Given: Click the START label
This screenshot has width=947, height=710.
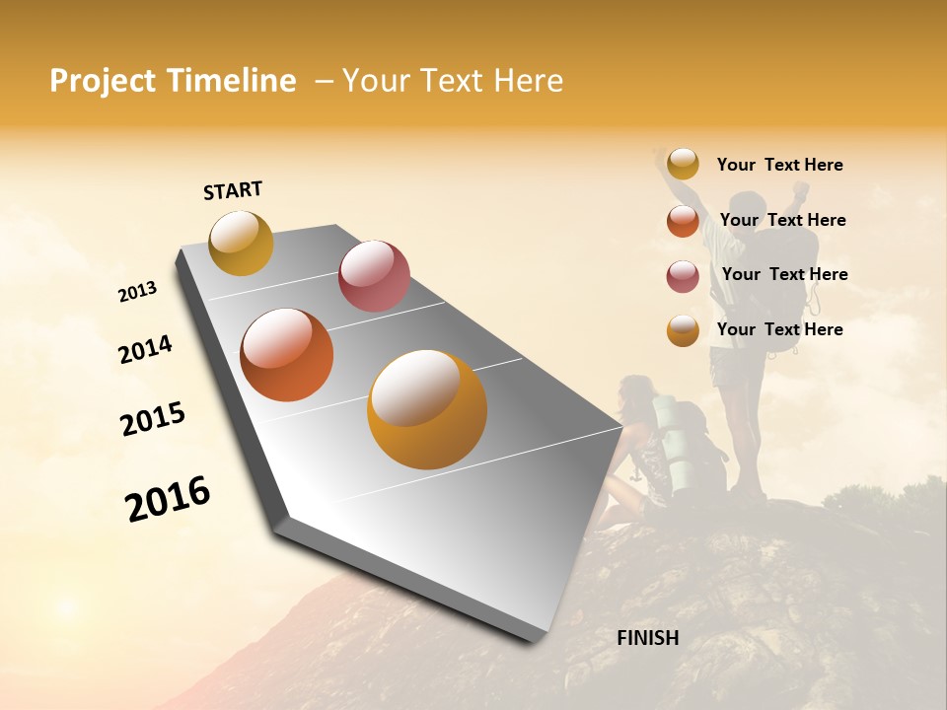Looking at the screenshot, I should pos(233,190).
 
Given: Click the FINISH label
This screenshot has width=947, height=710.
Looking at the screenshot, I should pos(647,638).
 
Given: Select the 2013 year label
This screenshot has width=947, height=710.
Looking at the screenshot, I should pos(137,292).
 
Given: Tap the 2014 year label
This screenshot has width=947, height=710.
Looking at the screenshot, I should pos(145,349).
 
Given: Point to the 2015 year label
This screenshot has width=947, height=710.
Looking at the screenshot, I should pos(153,418).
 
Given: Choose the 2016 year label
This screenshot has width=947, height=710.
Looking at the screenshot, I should pos(168,498).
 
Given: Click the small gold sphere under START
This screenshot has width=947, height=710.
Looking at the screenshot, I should pos(241,243).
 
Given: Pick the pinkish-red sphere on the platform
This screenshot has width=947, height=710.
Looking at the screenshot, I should pos(374,276).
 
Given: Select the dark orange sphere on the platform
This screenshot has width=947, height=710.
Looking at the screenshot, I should pos(287,355).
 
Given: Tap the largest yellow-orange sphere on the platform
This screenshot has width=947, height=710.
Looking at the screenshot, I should pos(427,408).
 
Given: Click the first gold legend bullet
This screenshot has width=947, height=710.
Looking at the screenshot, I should pos(683,165).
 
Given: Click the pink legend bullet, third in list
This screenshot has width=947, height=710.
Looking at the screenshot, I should pos(683,275).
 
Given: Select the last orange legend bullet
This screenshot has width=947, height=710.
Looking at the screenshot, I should pos(683,330).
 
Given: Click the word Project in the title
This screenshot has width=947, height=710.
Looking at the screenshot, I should pos(103,81).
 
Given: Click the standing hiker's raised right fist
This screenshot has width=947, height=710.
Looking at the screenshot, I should pos(801,188).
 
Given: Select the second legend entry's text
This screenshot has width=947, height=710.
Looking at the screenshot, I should pos(782,220).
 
